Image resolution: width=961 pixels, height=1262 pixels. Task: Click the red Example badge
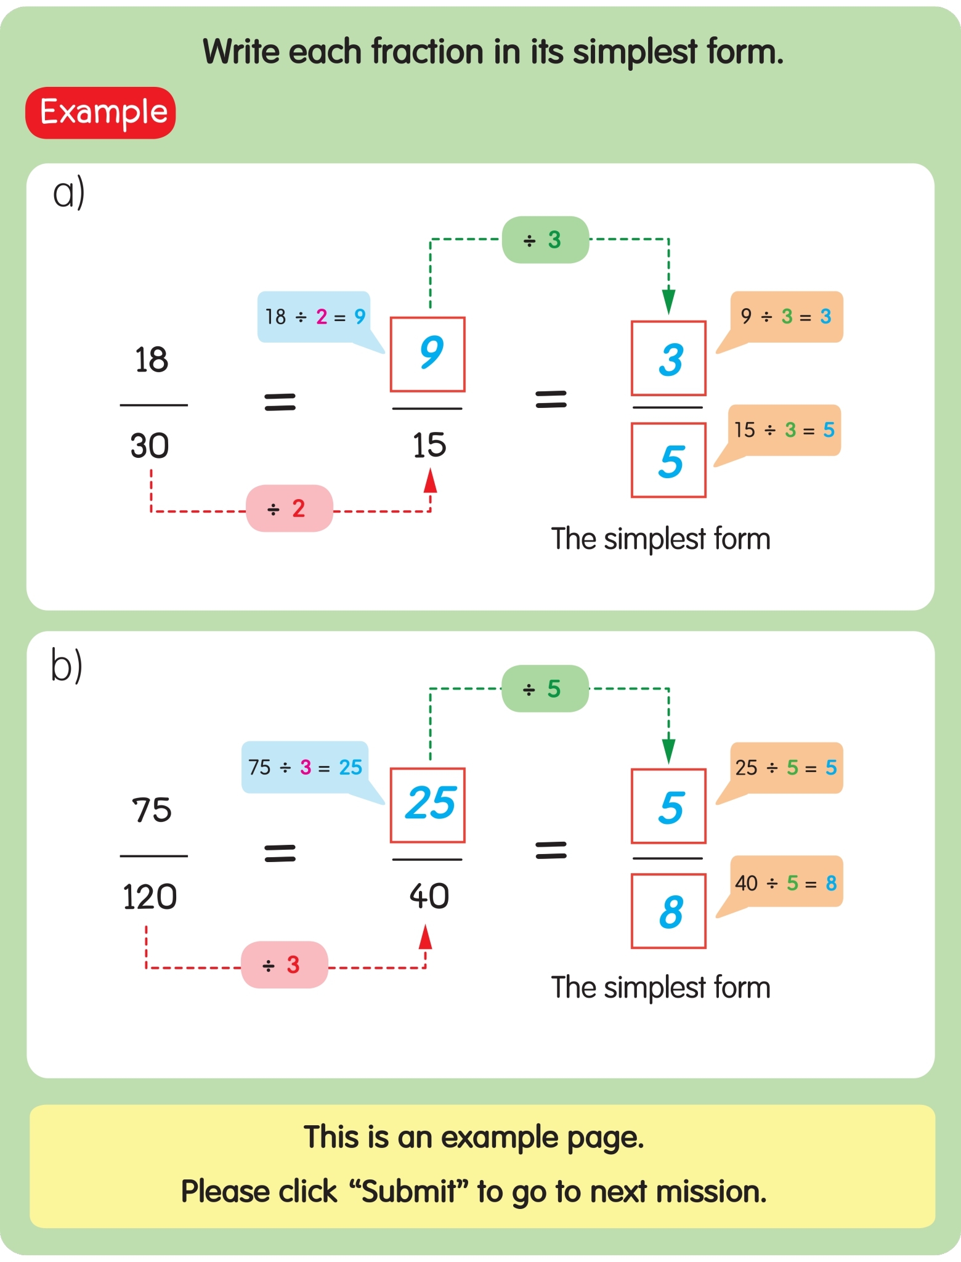pos(100,113)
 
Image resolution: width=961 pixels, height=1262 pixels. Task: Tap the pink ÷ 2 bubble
pos(289,508)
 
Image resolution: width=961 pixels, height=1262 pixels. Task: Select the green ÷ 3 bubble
pos(545,240)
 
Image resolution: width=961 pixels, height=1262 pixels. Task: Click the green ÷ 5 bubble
pos(545,688)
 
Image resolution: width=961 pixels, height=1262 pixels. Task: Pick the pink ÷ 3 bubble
pos(284,964)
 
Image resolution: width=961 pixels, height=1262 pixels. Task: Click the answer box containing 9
pos(428,354)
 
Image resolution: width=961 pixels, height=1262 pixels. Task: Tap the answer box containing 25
pos(428,805)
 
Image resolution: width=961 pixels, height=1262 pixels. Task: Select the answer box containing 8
pos(668,911)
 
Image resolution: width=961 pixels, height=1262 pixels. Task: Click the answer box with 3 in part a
pos(668,358)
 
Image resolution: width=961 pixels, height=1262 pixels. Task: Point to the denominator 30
pos(150,446)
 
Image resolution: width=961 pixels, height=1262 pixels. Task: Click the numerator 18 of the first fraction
pos(151,360)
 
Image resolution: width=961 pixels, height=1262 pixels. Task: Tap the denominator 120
pos(150,897)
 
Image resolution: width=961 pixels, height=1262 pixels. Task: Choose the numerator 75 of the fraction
pos(152,810)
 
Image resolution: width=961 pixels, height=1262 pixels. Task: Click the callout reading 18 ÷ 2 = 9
pos(314,317)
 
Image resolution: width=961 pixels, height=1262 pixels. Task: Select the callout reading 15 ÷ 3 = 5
pos(784,430)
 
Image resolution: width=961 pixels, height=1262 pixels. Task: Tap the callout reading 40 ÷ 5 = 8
pos(785,882)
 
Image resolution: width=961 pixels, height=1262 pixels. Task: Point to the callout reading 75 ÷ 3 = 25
pos(305,767)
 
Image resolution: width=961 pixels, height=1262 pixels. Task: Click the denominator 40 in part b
pos(429,896)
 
